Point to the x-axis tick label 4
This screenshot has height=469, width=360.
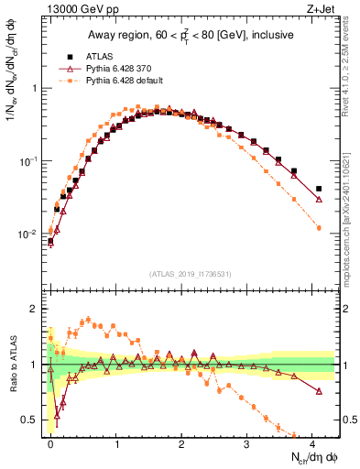[313, 444]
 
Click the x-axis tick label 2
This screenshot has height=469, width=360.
[181, 444]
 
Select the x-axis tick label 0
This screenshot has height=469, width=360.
[50, 444]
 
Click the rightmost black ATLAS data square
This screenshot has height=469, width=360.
[319, 189]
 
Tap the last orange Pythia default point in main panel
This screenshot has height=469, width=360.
[319, 227]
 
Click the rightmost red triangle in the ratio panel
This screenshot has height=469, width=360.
[319, 391]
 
